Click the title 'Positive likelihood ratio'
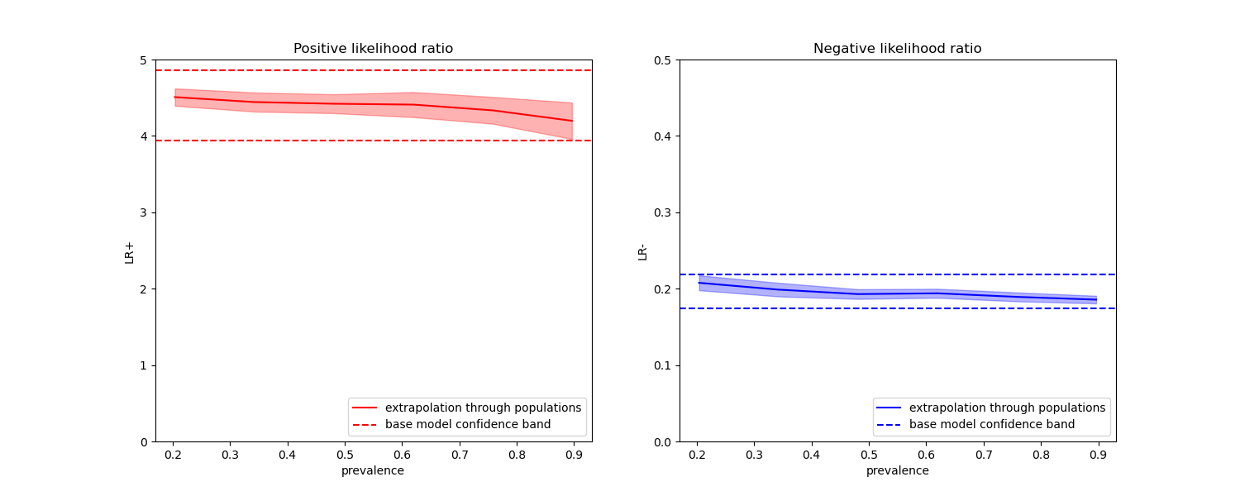[x=373, y=49]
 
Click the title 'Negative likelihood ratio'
[x=897, y=49]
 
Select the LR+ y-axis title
[x=130, y=251]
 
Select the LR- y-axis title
[x=642, y=251]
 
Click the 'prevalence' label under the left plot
[x=373, y=471]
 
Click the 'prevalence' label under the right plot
[x=897, y=471]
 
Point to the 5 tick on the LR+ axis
[x=143, y=60]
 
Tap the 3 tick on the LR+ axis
[x=143, y=212]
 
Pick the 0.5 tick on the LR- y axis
[x=663, y=60]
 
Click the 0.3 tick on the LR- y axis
[x=663, y=212]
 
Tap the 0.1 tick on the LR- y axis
[x=663, y=365]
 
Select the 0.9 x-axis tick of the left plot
[x=574, y=455]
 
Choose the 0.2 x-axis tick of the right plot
[x=697, y=455]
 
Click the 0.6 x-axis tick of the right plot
[x=926, y=455]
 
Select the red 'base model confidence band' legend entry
[x=467, y=425]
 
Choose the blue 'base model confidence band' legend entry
[x=991, y=425]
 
